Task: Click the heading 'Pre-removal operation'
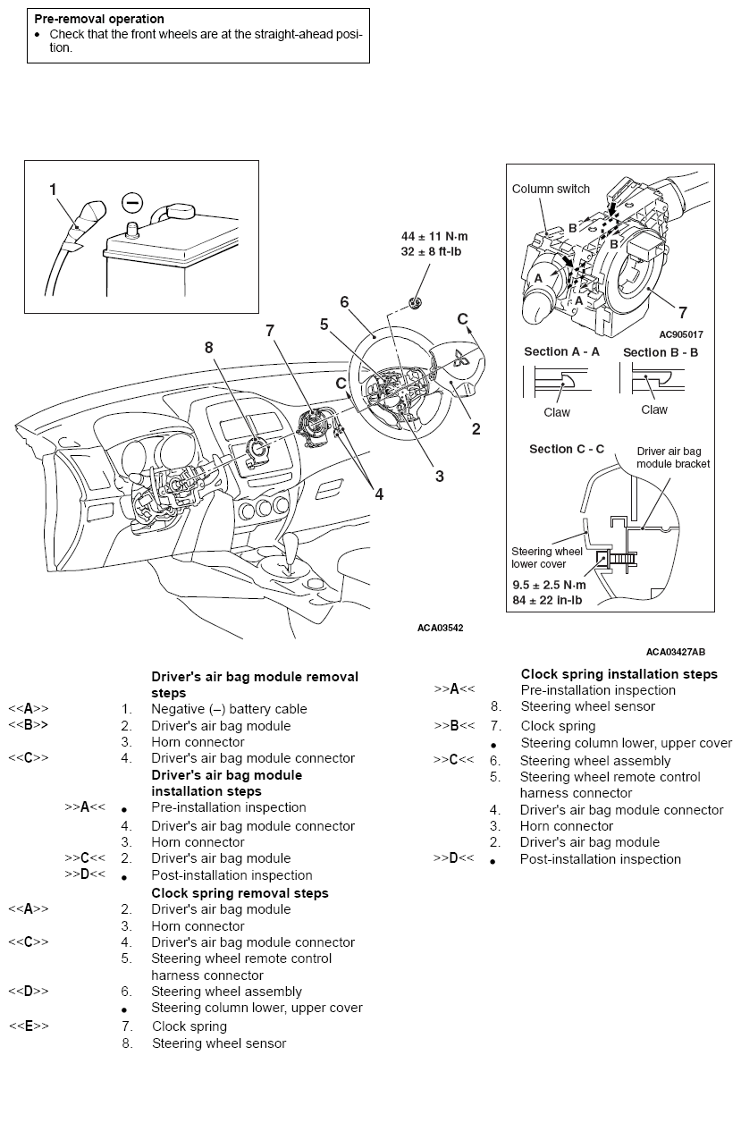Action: pyautogui.click(x=99, y=18)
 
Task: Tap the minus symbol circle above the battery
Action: pyautogui.click(x=131, y=203)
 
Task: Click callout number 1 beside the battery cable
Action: pyautogui.click(x=53, y=189)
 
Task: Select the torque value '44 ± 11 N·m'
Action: pyautogui.click(x=434, y=236)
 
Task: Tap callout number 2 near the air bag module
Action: pyautogui.click(x=476, y=429)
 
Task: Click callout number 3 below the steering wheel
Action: pyautogui.click(x=439, y=477)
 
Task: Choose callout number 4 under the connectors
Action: pyautogui.click(x=379, y=493)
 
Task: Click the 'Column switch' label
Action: pyautogui.click(x=551, y=189)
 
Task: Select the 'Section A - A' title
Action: pyautogui.click(x=561, y=352)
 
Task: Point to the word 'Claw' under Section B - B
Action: pyautogui.click(x=654, y=410)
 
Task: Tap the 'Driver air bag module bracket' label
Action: pyautogui.click(x=673, y=458)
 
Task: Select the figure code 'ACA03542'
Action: pyautogui.click(x=441, y=628)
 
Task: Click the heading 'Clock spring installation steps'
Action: pyautogui.click(x=619, y=674)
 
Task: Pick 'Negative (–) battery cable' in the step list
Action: pyautogui.click(x=229, y=709)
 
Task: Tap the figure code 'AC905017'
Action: pyautogui.click(x=680, y=334)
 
